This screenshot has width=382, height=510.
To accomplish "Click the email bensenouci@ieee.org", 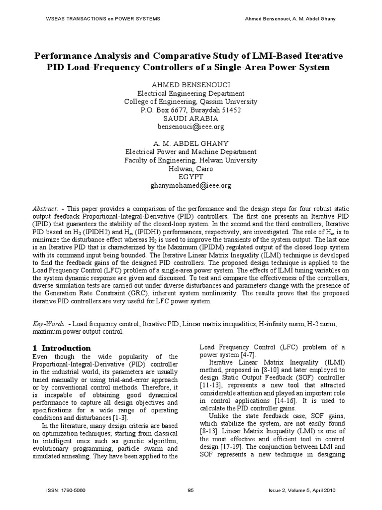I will click(x=191, y=127).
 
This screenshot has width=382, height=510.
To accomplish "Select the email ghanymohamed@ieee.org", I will click(x=191, y=186).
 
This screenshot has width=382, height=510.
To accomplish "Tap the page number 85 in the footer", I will click(x=191, y=491).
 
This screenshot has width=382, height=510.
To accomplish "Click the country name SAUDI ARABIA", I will click(x=191, y=119).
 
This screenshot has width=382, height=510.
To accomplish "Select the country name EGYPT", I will click(x=191, y=177).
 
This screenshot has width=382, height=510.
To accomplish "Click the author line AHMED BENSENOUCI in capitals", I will click(x=191, y=85).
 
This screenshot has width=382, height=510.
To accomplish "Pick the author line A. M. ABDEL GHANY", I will click(x=191, y=143).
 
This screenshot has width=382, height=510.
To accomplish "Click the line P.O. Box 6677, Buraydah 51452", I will click(x=191, y=110).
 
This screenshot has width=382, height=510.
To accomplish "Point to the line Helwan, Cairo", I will click(x=191, y=169).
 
